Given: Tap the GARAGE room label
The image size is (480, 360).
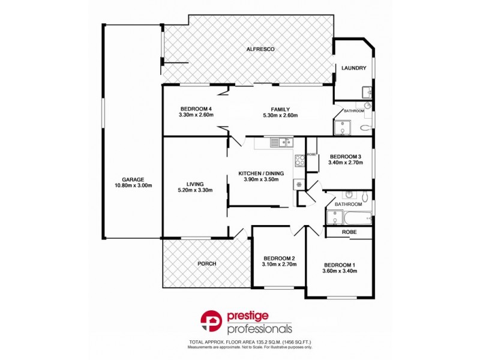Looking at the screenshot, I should tap(133, 179).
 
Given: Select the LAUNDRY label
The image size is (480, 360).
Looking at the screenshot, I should tap(353, 68).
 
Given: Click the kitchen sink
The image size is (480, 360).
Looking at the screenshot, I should tap(280, 142).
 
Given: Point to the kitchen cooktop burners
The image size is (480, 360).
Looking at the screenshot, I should tap(299, 161).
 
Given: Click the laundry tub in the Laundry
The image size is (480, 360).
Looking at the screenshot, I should tap(367, 92).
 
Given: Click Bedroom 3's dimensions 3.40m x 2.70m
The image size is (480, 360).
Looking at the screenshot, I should tap(347, 161).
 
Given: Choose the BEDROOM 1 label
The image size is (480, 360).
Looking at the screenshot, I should tap(340, 265).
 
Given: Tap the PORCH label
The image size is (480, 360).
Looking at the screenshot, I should tap(206, 263).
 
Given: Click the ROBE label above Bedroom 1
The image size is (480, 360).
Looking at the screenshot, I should tap(349, 232).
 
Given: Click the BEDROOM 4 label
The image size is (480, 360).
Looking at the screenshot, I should tap(196, 109).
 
